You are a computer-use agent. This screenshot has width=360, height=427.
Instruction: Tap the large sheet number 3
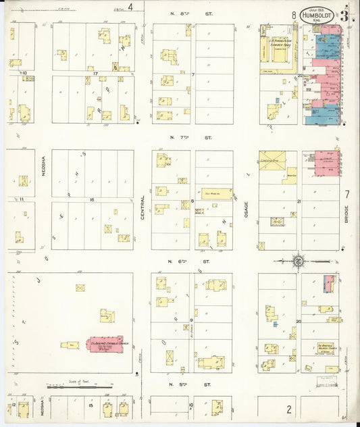[x=344, y=15]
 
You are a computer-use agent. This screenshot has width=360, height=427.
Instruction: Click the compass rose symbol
[x=298, y=259]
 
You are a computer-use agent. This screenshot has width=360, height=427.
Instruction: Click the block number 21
[x=298, y=201]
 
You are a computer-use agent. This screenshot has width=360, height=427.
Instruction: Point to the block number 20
[x=298, y=322]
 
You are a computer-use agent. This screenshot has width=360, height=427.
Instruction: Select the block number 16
[x=92, y=200]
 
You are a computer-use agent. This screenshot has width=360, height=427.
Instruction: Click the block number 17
[x=95, y=73]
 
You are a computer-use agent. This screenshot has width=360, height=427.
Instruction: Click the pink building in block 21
[x=328, y=164]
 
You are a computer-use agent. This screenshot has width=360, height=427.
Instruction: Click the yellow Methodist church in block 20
[x=328, y=349]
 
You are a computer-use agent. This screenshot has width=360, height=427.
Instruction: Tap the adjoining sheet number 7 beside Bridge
[x=348, y=195]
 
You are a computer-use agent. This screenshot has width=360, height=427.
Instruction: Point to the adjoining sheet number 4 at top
[x=140, y=7]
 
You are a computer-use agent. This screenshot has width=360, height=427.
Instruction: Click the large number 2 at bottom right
[x=288, y=409]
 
